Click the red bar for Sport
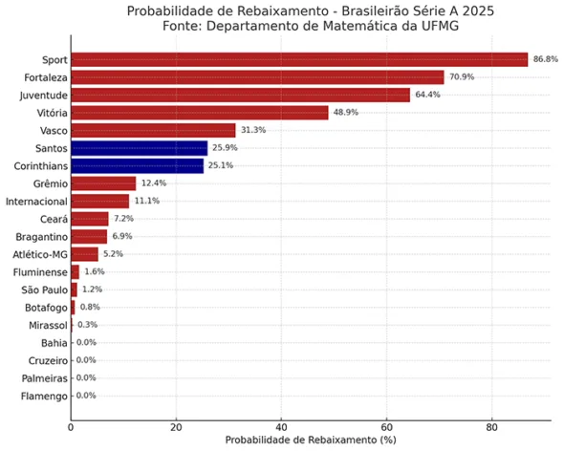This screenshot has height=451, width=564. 299,59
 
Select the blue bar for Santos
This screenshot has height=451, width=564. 140,148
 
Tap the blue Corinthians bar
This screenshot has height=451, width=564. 138,166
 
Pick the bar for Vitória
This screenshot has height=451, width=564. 200,113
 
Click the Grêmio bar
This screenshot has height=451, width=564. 103,183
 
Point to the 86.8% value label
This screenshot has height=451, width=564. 545,59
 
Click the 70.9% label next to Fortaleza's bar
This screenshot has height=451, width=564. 462,76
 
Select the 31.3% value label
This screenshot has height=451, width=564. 253,130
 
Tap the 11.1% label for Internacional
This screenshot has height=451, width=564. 147,201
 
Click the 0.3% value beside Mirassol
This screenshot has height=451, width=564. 87,325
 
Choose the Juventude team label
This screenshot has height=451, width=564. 44,96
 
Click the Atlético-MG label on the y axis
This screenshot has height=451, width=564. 40,254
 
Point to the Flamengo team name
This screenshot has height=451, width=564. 44,397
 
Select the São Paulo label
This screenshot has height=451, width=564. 44,290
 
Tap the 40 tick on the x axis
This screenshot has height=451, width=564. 281,427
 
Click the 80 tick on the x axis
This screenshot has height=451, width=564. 491,427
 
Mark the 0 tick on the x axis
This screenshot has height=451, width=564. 71,427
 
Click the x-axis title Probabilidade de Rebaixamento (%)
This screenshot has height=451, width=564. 311,440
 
